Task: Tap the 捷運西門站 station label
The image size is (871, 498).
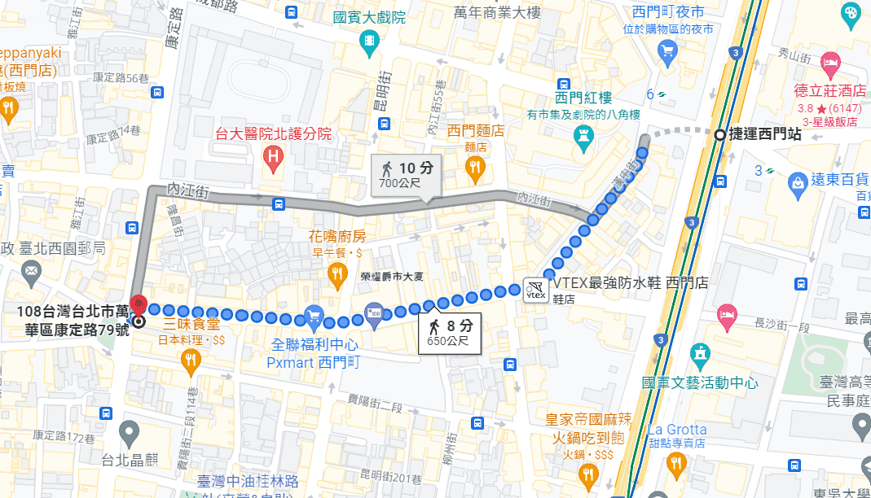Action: [x=764, y=136]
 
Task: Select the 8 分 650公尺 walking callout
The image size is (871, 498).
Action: [x=450, y=334]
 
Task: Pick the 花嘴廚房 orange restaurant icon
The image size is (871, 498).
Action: [x=337, y=275]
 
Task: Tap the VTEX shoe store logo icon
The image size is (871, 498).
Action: [x=535, y=290]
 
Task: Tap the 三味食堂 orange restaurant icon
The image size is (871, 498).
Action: [x=191, y=360]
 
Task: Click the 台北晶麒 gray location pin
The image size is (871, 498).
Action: [x=129, y=431]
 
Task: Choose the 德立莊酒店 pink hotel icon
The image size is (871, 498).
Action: [x=830, y=62]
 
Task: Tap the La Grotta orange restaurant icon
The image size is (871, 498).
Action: [x=675, y=462]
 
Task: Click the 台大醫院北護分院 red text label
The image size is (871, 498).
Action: [x=272, y=133]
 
